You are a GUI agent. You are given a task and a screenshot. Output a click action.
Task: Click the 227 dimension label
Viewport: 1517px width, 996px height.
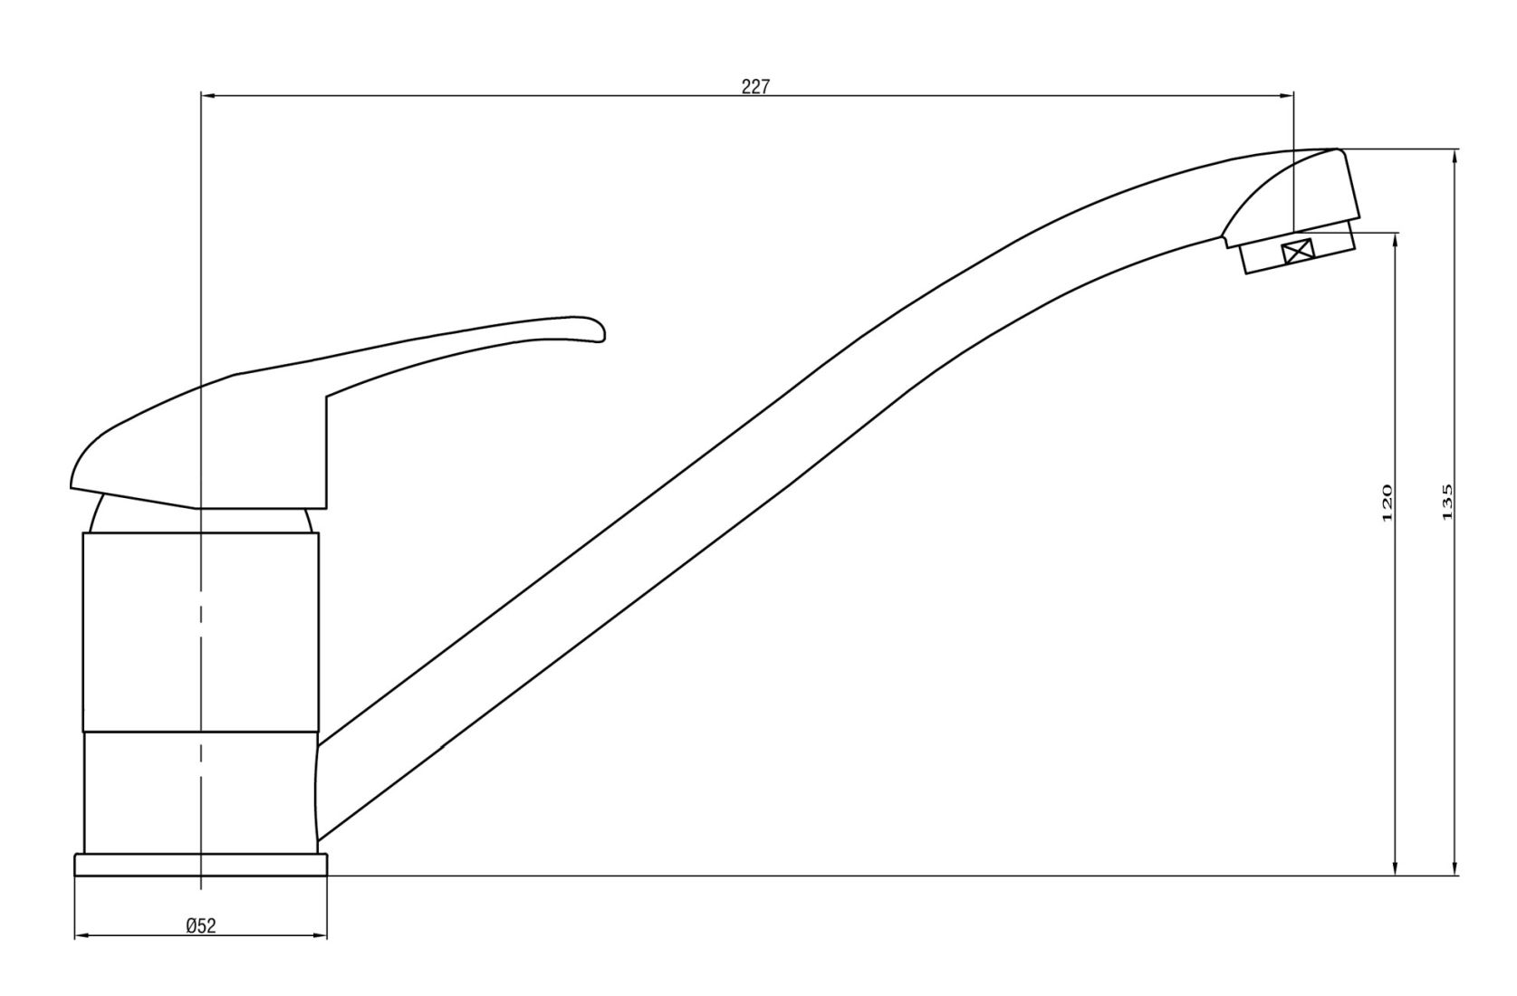tap(754, 87)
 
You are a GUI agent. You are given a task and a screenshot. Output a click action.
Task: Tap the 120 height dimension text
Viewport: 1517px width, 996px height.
tap(1387, 503)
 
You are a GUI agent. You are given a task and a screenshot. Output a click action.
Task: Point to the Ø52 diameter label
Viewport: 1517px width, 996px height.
tap(200, 924)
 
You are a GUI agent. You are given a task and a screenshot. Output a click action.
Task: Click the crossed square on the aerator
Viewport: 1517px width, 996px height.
tap(1298, 251)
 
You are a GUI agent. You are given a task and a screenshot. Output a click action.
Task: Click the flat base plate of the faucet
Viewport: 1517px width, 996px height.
tap(200, 865)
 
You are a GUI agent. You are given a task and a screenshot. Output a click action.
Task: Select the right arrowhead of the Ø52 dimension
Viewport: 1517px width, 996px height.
tap(321, 935)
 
